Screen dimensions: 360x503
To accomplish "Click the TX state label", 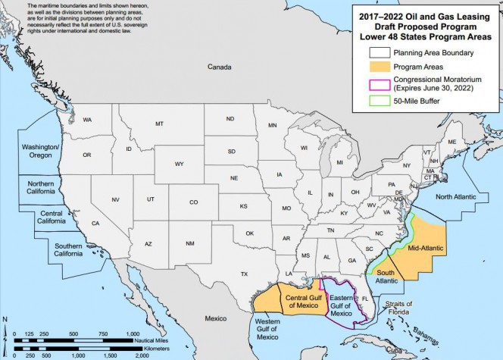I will pyautogui.click(x=244, y=274).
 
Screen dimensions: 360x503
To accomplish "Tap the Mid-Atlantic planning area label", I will pyautogui.click(x=424, y=247).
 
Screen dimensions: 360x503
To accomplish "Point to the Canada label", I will pyautogui.click(x=220, y=67).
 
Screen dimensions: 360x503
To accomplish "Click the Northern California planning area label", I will pyautogui.click(x=45, y=188).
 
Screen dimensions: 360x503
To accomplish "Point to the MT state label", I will pyautogui.click(x=159, y=124).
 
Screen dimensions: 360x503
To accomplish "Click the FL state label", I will pyautogui.click(x=364, y=299).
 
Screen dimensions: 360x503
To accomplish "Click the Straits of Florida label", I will pyautogui.click(x=396, y=308).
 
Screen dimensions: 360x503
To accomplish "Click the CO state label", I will pyautogui.click(x=193, y=202).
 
